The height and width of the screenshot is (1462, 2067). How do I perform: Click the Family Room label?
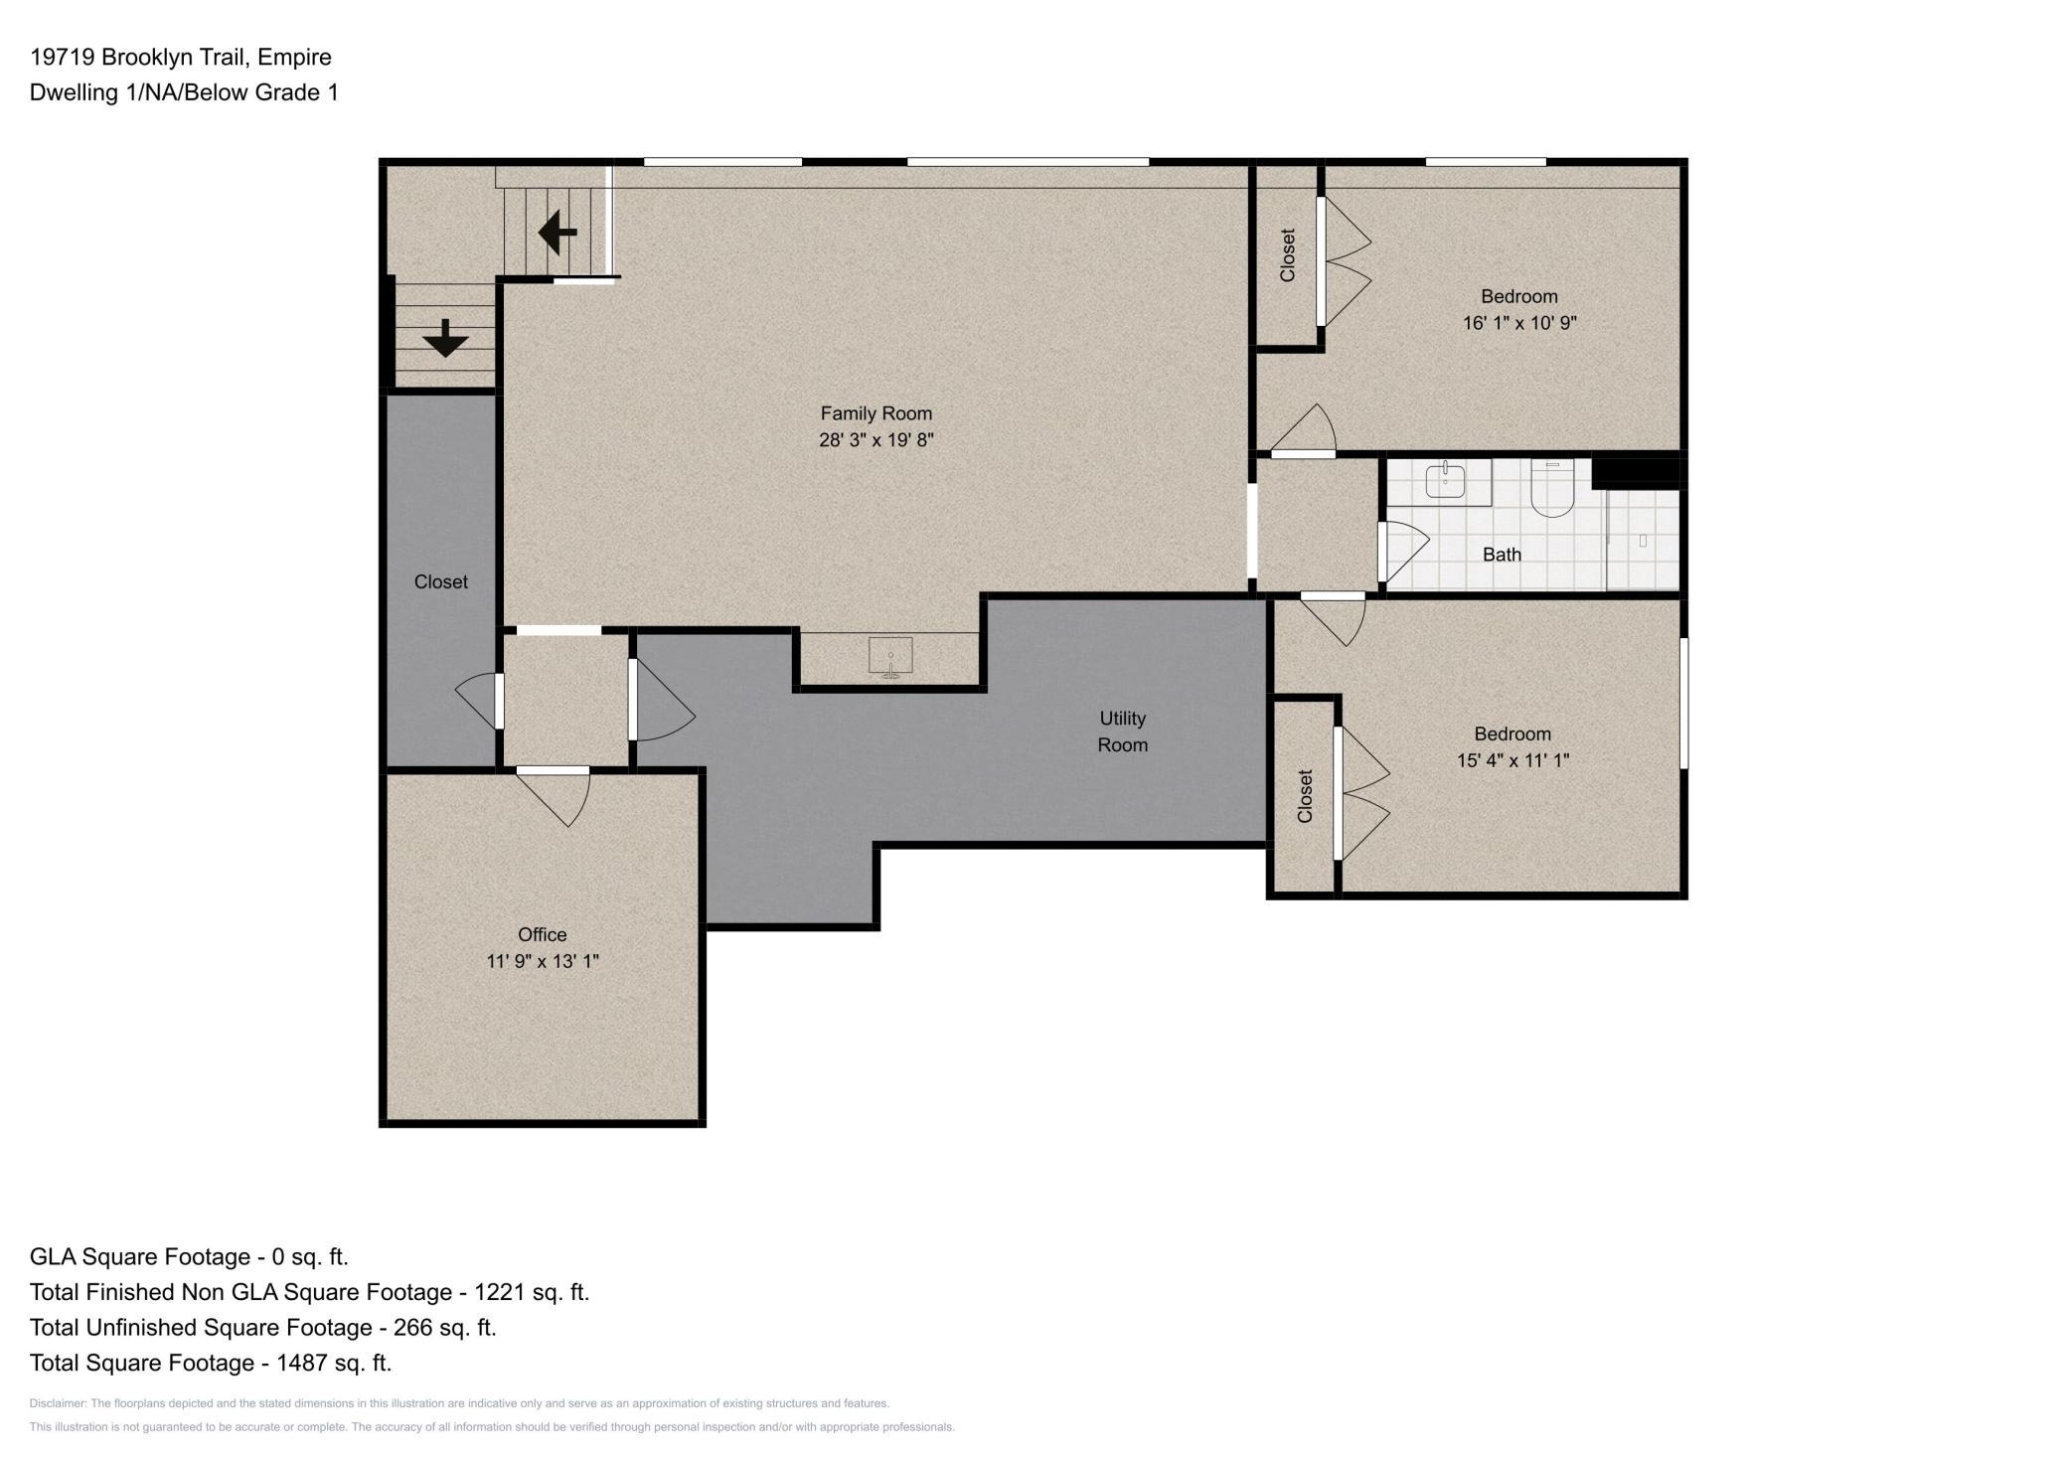[x=875, y=413]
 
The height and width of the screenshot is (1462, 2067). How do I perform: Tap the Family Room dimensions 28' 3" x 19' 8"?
[x=875, y=440]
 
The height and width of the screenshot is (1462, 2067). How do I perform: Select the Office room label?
[x=543, y=934]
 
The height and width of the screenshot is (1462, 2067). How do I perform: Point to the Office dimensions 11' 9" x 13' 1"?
[x=543, y=961]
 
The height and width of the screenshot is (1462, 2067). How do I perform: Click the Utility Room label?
[x=1123, y=731]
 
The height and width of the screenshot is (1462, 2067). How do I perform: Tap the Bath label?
[x=1502, y=555]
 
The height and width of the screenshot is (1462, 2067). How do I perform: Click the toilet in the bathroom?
[x=1551, y=488]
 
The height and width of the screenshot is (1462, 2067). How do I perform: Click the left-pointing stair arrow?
[x=557, y=233]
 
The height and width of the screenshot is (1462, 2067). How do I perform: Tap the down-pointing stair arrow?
[x=445, y=338]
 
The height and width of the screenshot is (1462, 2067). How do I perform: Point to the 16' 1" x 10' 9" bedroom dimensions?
[x=1519, y=323]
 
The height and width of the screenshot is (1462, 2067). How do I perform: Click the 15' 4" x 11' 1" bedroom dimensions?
[x=1512, y=760]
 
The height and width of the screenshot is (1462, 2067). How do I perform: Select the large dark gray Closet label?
[x=440, y=581]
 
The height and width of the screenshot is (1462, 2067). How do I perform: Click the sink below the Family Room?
[x=890, y=657]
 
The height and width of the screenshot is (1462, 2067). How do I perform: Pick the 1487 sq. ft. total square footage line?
[x=211, y=1363]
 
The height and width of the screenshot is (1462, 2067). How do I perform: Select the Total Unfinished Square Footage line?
[x=262, y=1327]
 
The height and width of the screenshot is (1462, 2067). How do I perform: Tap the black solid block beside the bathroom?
[x=1636, y=471]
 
